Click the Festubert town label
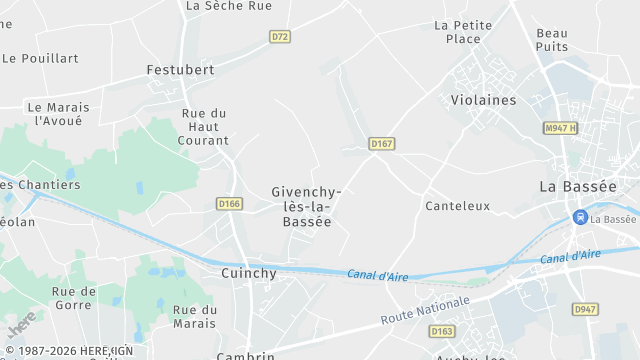[x=180, y=70]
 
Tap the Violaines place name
[x=483, y=100]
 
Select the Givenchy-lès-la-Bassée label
[x=307, y=206]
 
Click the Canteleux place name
[x=457, y=206]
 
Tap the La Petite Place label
[x=463, y=32]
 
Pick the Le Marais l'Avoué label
[x=58, y=114]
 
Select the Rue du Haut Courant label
[x=204, y=127]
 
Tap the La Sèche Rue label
[x=229, y=6]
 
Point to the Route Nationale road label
[x=425, y=310]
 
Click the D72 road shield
[x=280, y=37]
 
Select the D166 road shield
[x=229, y=204]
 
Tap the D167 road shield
[x=382, y=144]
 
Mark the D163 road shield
[x=442, y=331]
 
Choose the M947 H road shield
[x=561, y=128]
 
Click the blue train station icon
[x=579, y=217]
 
